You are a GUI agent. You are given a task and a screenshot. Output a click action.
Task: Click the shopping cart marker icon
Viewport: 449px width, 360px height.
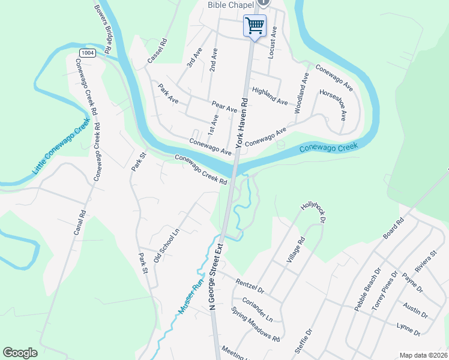255,26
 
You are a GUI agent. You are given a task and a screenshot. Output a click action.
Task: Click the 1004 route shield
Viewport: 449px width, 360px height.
88,53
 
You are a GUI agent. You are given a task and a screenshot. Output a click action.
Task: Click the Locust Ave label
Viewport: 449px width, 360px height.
273,42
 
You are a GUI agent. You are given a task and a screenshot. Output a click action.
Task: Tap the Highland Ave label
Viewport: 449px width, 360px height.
270,95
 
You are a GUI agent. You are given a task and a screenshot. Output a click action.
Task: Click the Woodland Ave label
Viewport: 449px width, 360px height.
302,94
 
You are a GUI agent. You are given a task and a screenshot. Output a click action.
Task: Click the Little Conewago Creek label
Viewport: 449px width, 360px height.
61,146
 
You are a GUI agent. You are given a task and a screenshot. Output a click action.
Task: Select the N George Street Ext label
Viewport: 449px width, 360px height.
215,276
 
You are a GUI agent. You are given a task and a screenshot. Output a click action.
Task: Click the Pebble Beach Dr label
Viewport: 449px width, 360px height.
367,290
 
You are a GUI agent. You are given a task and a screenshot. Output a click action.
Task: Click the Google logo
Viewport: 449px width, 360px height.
20,353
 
